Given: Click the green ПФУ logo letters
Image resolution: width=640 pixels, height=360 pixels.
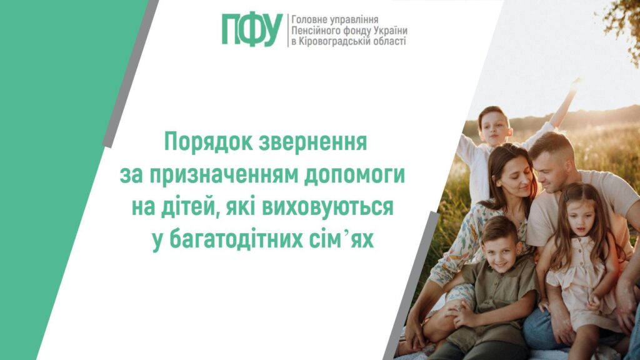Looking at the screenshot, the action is click(252, 30).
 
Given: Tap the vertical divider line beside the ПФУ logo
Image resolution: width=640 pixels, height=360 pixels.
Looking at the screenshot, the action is click(288, 30).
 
